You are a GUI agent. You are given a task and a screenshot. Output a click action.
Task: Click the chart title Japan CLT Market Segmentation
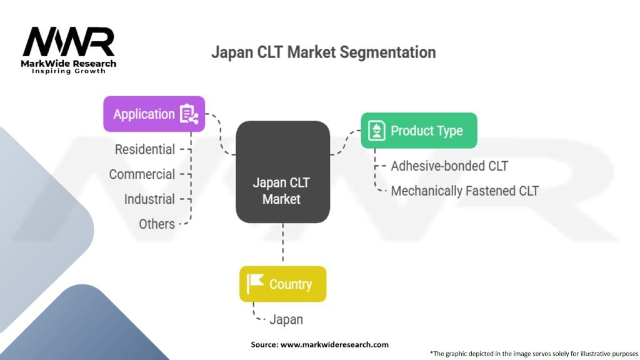323,52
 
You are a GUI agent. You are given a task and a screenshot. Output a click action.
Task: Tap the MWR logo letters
69,42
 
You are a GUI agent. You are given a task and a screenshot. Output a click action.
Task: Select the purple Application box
154,114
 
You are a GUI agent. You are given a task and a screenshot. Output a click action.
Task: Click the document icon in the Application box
188,114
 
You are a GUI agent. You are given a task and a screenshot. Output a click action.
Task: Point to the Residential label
144,149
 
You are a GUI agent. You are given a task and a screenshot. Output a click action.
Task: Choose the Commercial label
142,174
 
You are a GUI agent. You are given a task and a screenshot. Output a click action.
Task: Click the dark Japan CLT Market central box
282,172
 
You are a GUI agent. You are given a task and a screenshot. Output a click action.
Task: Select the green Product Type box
419,131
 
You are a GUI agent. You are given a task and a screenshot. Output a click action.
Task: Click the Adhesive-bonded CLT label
449,166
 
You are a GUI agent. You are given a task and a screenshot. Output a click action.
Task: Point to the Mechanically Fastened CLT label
464,191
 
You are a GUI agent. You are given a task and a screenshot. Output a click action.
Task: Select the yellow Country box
282,284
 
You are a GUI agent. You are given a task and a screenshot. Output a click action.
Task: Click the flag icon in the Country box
255,284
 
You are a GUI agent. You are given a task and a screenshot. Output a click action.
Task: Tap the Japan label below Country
286,319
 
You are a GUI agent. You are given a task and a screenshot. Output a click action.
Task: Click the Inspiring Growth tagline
69,71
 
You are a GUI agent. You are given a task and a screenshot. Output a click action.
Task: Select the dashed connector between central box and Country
282,244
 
